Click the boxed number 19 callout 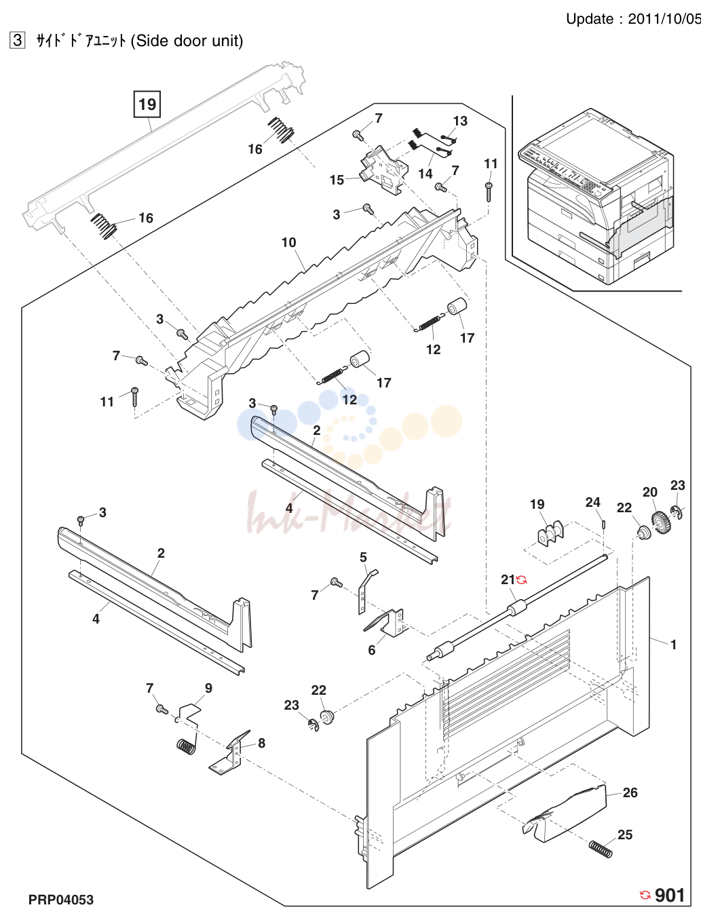click(147, 104)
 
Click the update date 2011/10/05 click(664, 19)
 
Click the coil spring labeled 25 click(601, 849)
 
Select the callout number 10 click(288, 242)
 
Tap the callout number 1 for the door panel click(673, 645)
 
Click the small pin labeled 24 click(603, 524)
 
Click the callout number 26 click(630, 792)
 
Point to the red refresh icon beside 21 click(522, 580)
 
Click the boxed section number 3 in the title click(17, 41)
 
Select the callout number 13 click(460, 121)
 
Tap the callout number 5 click(363, 557)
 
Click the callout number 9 click(208, 688)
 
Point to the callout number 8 click(262, 743)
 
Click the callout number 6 click(371, 650)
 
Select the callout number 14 click(425, 174)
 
